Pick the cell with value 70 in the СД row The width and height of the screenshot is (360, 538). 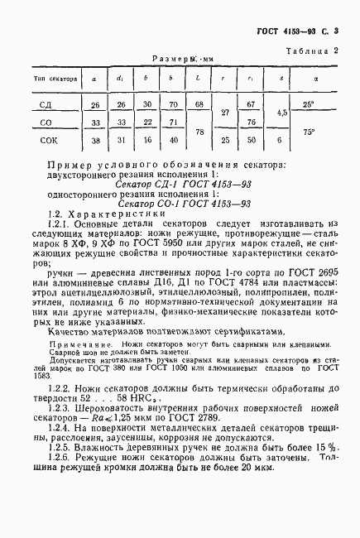coord(174,105)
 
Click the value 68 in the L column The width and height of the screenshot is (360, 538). coord(199,104)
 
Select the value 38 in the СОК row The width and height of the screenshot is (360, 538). coord(94,141)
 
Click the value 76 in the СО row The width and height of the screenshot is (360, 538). coord(252,122)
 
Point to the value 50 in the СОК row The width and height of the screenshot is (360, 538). coord(252,141)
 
